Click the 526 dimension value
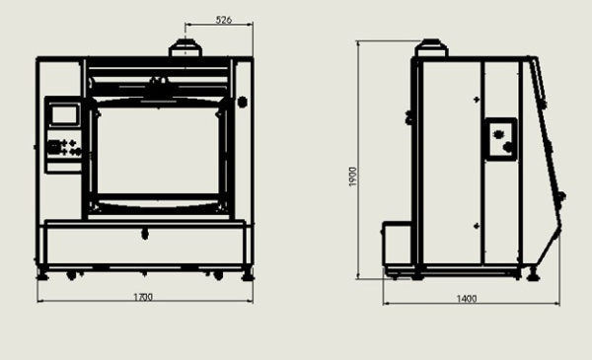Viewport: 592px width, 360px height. click(223, 20)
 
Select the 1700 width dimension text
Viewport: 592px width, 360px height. click(143, 297)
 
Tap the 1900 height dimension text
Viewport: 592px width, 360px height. click(352, 177)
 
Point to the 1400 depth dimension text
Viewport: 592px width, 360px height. click(467, 299)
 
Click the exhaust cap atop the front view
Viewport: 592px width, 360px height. click(185, 48)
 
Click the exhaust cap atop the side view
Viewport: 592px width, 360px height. click(431, 48)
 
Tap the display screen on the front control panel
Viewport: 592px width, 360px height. click(66, 114)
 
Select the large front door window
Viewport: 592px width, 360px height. click(158, 151)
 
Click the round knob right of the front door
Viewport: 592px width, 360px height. click(243, 102)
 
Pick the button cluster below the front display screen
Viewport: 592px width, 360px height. click(64, 147)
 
